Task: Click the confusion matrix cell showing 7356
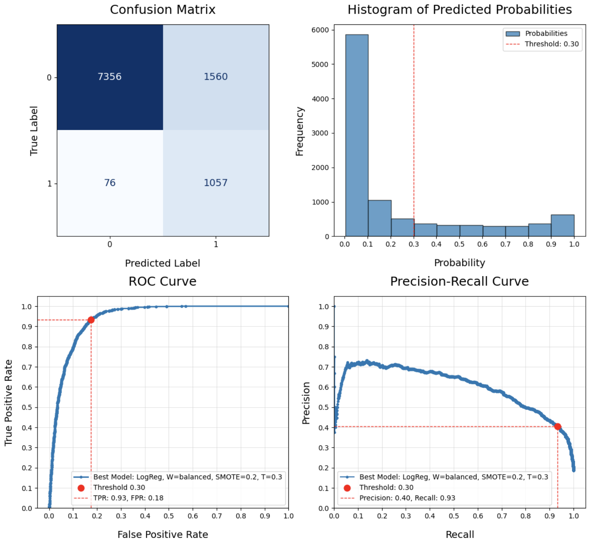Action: coord(110,77)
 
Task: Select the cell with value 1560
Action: coord(216,77)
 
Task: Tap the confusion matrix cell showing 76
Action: coord(110,183)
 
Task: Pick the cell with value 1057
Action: coord(216,183)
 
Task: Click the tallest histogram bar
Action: coord(357,135)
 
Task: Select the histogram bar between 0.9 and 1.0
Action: coord(563,225)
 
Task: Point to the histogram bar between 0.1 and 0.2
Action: coord(379,218)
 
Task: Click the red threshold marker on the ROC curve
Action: coord(91,320)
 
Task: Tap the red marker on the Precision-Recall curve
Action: coord(558,427)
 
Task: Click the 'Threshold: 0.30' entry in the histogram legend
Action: coord(551,44)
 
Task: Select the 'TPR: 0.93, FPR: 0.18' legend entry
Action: coord(128,498)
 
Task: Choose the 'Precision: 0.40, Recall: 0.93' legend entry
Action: coord(407,498)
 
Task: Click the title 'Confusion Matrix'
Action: coord(163,10)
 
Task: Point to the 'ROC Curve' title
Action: coord(163,282)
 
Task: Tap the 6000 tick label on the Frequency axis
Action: coord(320,30)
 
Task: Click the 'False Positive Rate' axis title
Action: coord(163,534)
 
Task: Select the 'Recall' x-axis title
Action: coord(460,534)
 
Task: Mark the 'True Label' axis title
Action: coord(34,131)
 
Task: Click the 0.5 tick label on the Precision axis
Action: coord(324,407)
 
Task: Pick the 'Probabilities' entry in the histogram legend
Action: coord(546,34)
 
